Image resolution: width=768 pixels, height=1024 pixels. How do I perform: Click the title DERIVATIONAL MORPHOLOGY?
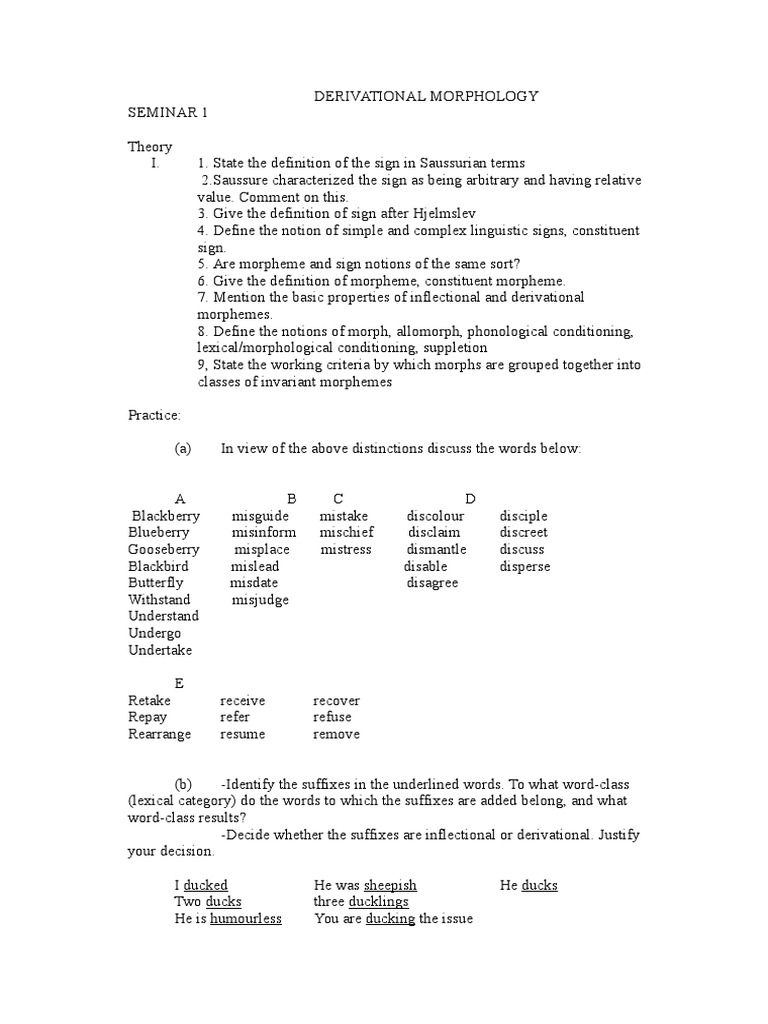point(427,96)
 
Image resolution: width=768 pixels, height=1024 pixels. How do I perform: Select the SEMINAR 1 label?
point(168,113)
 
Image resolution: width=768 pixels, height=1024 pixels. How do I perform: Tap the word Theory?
point(150,146)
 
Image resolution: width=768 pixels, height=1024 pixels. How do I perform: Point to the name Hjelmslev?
point(407,213)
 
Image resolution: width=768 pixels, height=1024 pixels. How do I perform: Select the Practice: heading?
point(154,415)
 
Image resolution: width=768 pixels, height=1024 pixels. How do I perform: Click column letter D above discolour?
point(470,499)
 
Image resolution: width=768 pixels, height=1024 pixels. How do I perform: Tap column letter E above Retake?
point(179,684)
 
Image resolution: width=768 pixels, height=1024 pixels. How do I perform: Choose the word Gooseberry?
point(164,549)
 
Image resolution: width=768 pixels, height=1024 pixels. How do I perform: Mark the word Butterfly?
point(156,583)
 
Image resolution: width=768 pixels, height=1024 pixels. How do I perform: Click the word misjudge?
point(260,600)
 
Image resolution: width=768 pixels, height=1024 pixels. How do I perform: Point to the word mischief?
point(347,533)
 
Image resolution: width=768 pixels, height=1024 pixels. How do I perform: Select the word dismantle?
point(436,549)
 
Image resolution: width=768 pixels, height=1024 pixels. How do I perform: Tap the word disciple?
point(524,516)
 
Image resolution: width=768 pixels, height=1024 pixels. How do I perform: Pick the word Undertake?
point(161,650)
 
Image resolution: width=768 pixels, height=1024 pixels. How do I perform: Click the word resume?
point(243,734)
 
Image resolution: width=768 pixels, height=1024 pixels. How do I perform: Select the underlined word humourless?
point(246,919)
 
